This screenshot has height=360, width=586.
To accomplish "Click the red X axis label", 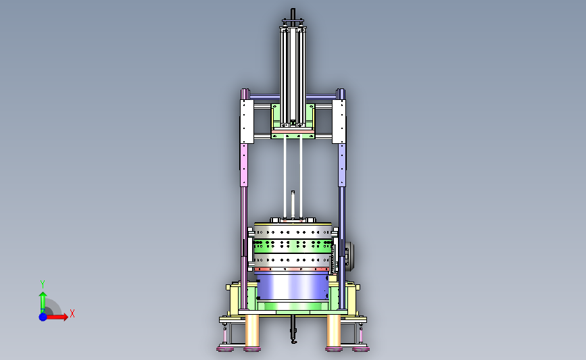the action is pyautogui.click(x=72, y=313).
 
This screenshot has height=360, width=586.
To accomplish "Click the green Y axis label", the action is pyautogui.click(x=43, y=284).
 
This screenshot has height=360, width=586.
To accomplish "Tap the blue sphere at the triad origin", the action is pyautogui.click(x=43, y=317).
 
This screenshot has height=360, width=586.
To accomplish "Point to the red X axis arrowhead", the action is pyautogui.click(x=65, y=317).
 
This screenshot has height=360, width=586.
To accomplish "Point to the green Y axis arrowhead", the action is pyautogui.click(x=43, y=295).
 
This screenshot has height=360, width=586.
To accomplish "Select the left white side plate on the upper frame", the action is pyautogui.click(x=247, y=122).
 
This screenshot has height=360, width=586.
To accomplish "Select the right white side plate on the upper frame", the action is pyautogui.click(x=339, y=122).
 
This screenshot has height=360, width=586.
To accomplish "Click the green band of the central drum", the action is pyautogui.click(x=293, y=246).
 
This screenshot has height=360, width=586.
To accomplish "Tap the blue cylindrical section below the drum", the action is pyautogui.click(x=293, y=287).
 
